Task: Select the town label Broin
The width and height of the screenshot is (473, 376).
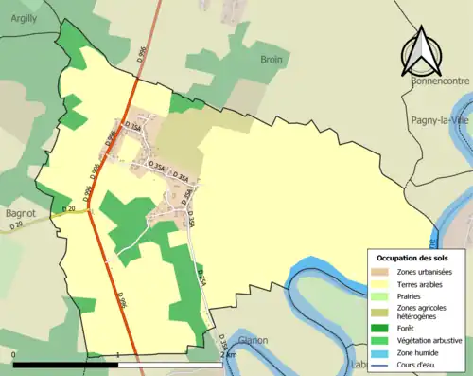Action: click(x=272, y=59)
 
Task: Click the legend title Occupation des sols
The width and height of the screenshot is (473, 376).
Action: click(x=413, y=258)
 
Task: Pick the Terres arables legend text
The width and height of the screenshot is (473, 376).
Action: click(x=422, y=283)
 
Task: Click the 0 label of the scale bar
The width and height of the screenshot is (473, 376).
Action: click(x=15, y=356)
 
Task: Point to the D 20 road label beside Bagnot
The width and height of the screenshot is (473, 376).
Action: click(x=67, y=208)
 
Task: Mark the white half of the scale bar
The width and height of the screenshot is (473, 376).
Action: click(x=170, y=364)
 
